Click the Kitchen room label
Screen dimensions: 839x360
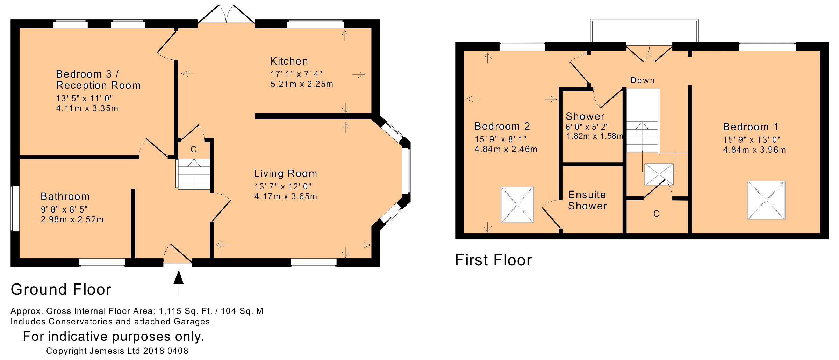point(289,62)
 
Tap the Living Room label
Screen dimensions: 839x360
point(286,173)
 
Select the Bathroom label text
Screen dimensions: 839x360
point(65,196)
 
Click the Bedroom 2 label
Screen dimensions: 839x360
point(502,126)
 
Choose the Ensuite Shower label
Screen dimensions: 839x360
point(587,200)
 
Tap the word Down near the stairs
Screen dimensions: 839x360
point(643,80)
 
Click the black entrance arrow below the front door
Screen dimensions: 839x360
point(179,283)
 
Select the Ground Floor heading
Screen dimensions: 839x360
point(61,289)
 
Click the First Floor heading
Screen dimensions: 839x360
point(493,260)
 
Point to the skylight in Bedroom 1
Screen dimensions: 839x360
point(766,200)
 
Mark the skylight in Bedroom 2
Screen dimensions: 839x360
point(517,205)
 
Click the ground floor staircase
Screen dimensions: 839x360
point(194,174)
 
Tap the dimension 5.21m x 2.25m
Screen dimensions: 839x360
point(302,84)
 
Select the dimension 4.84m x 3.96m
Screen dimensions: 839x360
point(754,150)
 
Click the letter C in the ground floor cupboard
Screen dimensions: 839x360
point(194,150)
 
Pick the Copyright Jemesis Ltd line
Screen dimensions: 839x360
point(117,351)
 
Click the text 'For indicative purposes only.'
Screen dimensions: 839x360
point(113,336)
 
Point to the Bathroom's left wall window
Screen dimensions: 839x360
point(15,208)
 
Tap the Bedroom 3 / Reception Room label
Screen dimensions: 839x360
point(98,80)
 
